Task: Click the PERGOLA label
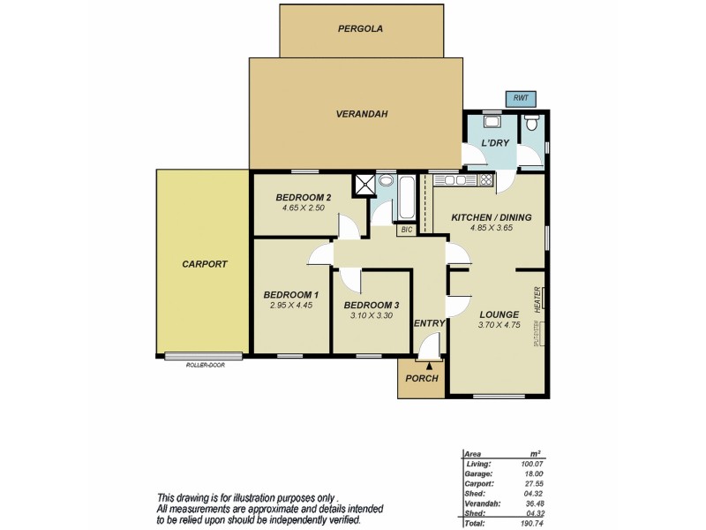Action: coord(360,29)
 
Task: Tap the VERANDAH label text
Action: coord(362,114)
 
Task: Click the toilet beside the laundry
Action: coord(530,125)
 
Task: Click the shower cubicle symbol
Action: coord(364,184)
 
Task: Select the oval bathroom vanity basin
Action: coord(386,182)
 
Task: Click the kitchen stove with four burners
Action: coord(484,180)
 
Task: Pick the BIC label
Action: coord(406,230)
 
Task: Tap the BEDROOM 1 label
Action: coord(290,294)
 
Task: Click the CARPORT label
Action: coord(205,264)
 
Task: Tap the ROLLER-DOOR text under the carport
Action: coord(205,364)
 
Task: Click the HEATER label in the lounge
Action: coord(537,299)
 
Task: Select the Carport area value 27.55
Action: coord(532,483)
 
